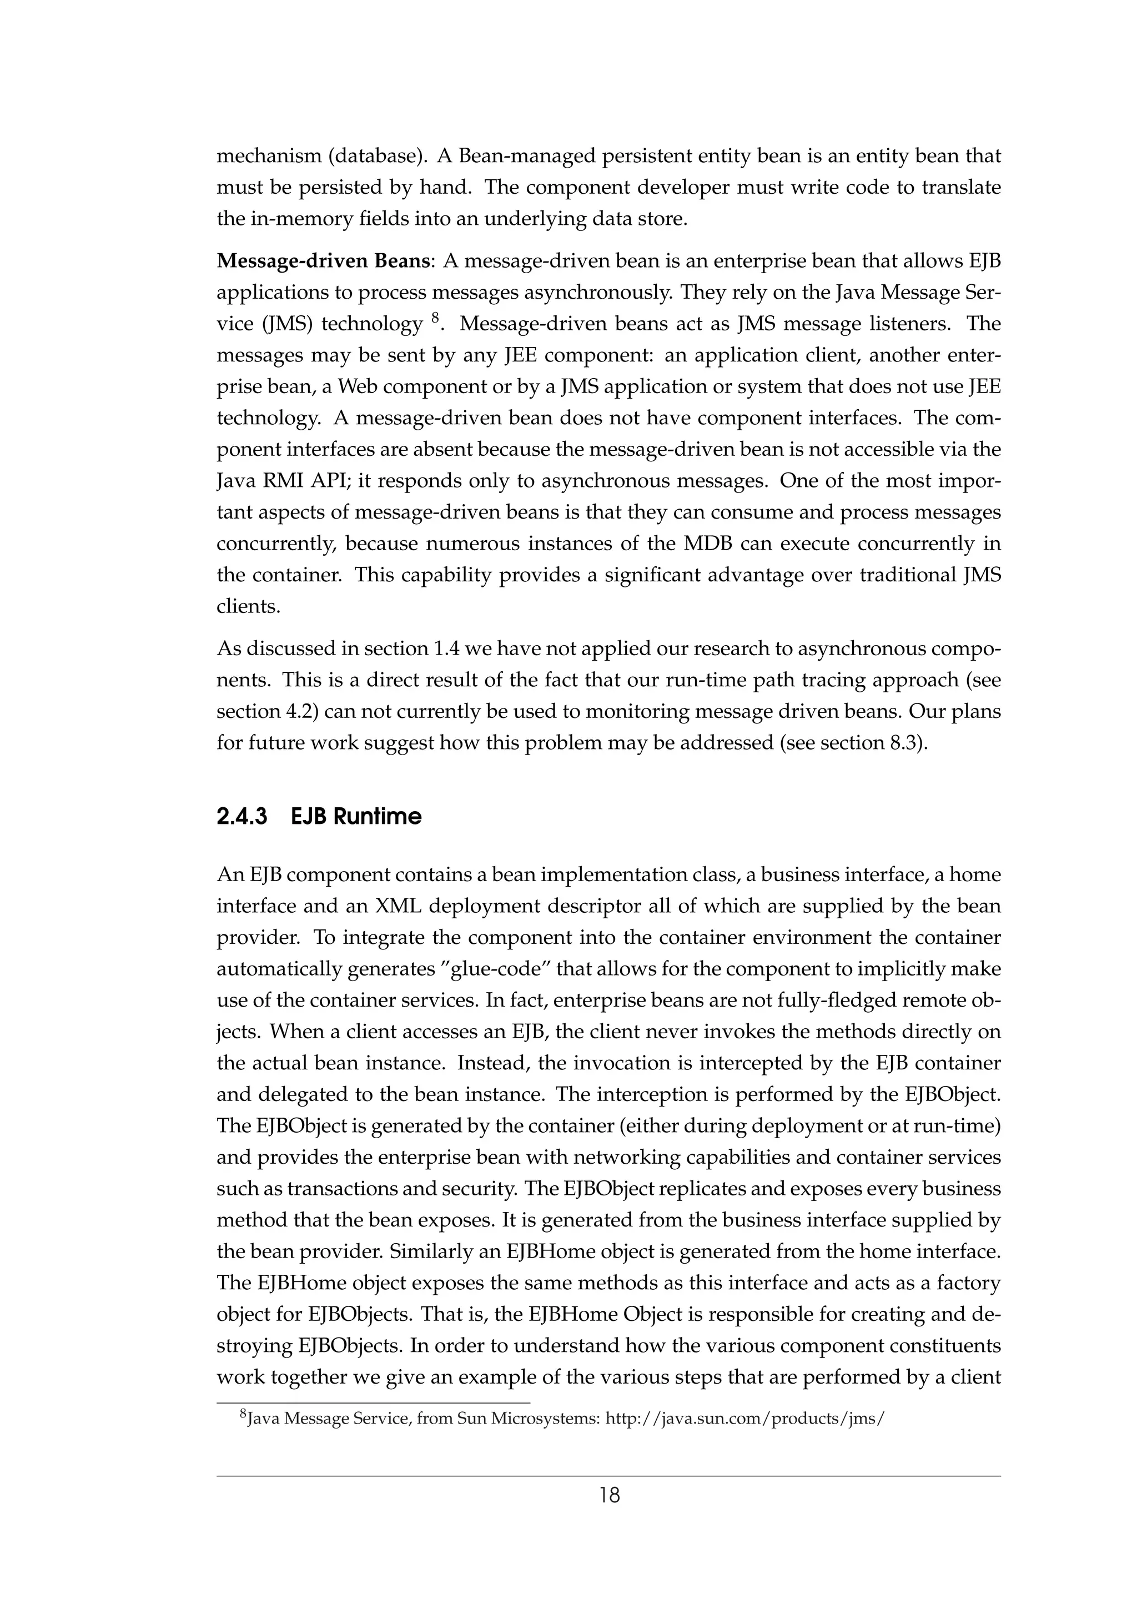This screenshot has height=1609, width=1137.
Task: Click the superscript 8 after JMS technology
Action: tap(434, 319)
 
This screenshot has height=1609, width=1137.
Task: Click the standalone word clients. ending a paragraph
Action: tap(249, 607)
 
